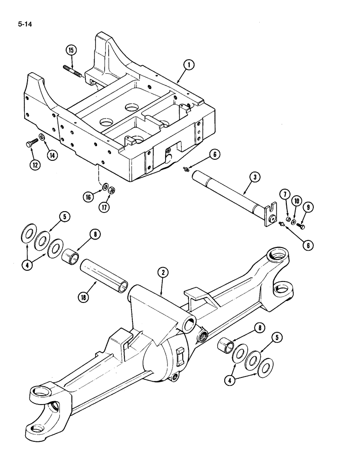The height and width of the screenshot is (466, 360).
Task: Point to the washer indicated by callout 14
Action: [42, 137]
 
